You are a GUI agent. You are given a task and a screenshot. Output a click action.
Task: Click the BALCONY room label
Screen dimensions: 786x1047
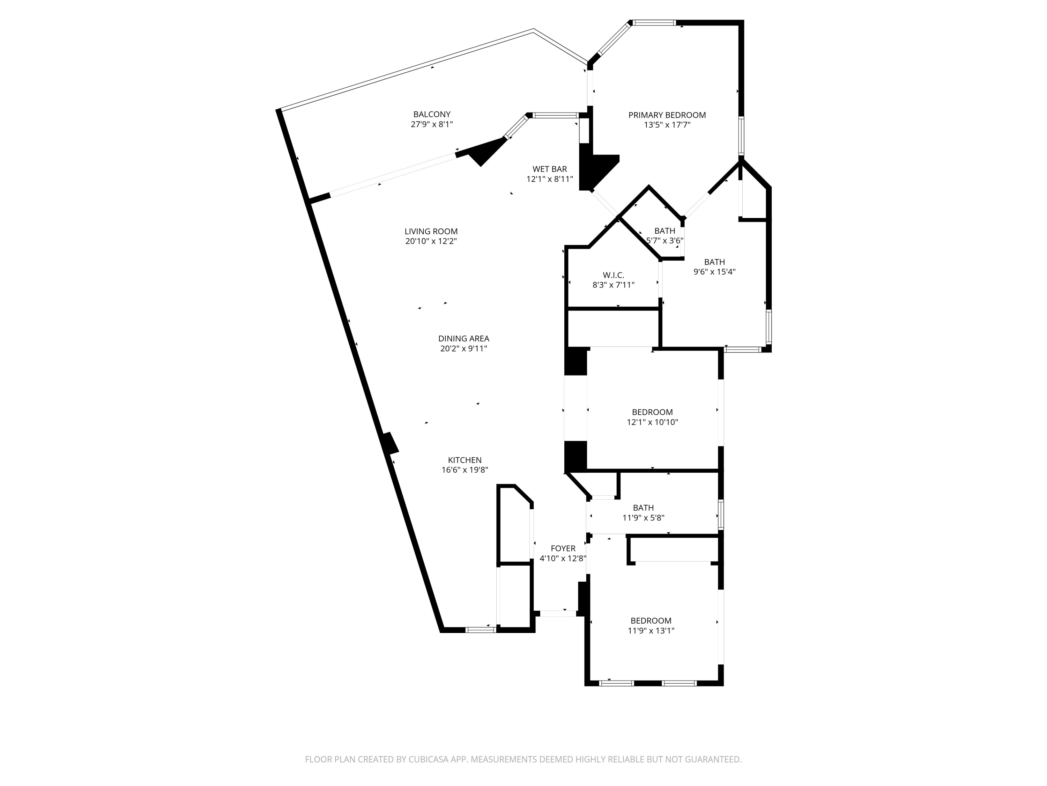coord(432,114)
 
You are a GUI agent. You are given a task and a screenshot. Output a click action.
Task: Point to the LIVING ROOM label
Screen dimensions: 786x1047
coord(431,231)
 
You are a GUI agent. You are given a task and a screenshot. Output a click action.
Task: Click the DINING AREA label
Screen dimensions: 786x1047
coord(463,338)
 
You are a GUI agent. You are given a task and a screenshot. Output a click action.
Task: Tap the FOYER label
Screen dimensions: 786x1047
coord(563,548)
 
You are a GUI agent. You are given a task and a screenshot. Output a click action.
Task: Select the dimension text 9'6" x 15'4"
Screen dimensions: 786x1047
coord(714,272)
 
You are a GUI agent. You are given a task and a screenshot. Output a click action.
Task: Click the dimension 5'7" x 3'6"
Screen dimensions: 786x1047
coord(664,241)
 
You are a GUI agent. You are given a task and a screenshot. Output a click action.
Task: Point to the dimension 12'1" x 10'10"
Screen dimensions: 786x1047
coord(652,422)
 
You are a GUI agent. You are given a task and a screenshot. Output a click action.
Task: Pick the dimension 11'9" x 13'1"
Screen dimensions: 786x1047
coord(651,631)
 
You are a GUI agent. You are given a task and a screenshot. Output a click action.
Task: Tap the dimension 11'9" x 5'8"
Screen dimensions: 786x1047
coord(643,518)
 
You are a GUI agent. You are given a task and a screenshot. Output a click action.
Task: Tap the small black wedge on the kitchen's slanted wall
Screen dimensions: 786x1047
coord(391,443)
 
